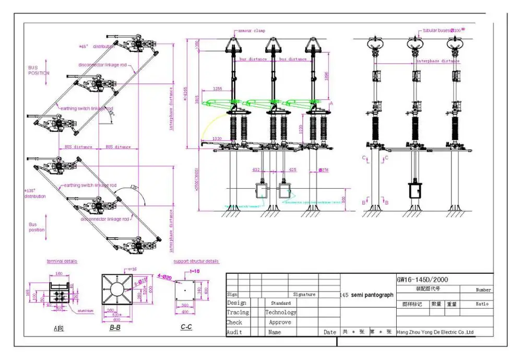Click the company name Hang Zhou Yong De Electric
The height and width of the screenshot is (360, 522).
pos(435,332)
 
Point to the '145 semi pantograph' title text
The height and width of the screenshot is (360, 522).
pos(367,295)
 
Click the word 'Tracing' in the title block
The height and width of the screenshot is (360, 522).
pos(238,312)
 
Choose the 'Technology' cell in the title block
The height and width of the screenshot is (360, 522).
pos(280,312)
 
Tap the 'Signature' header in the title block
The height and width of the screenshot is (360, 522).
pos(304,295)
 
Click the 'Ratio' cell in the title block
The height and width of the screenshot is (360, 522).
pos(482,304)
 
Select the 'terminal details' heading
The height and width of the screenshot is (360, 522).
pos(62,261)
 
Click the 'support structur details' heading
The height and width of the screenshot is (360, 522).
pos(196,261)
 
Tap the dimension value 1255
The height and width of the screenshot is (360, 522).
pos(218,89)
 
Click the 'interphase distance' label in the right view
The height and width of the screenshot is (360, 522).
pos(437,61)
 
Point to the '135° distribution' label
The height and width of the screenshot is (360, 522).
pos(36,193)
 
